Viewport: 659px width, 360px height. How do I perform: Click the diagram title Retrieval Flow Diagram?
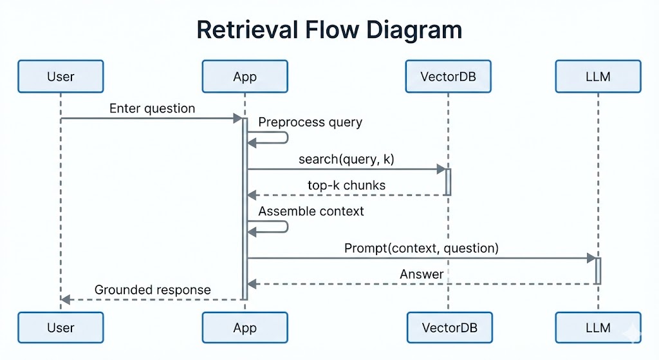329,30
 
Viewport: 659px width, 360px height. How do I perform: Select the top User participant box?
60,77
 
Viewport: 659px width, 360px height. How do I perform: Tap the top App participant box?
245,77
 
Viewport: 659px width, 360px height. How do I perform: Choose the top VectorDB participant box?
448,77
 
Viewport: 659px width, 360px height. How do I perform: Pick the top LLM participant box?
598,77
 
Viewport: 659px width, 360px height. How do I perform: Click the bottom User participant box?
60,327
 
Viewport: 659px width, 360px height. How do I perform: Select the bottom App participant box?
245,327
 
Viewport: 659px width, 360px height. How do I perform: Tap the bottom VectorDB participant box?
448,327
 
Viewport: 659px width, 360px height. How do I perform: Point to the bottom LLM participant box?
598,327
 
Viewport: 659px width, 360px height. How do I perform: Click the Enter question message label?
152,108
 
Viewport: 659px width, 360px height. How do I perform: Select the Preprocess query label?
310,122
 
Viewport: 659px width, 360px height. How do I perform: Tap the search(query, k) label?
346,159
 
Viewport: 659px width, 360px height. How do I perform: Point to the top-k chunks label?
346,185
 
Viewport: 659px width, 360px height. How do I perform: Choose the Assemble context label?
311,211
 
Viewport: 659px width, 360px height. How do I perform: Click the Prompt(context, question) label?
422,248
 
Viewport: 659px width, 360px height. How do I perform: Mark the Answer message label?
422,274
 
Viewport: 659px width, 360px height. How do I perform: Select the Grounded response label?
153,290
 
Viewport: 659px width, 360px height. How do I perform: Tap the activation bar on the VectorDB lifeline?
448,182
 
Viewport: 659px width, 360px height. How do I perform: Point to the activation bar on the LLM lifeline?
598,271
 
